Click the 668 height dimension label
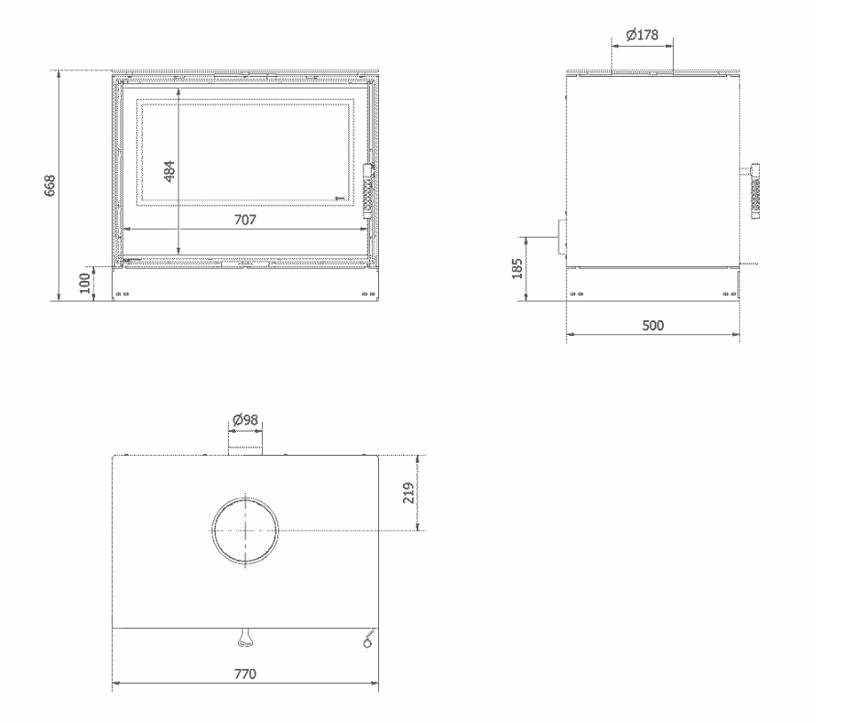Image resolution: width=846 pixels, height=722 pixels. (x=51, y=185)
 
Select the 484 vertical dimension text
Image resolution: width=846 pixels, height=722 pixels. (x=168, y=170)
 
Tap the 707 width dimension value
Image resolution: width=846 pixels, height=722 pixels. (x=244, y=220)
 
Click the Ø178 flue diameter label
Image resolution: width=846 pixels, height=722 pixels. (x=642, y=35)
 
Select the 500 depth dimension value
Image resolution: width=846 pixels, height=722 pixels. (x=652, y=326)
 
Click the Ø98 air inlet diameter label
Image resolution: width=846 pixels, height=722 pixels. (x=244, y=420)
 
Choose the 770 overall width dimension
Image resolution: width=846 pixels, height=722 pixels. (x=244, y=674)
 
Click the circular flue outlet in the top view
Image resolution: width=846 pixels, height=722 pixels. (x=244, y=529)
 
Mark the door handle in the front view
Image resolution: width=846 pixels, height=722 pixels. (x=368, y=192)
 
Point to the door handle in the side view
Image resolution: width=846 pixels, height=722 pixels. (x=755, y=192)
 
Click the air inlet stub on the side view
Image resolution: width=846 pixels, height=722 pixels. (x=559, y=237)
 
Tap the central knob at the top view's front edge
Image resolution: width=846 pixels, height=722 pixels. (x=245, y=637)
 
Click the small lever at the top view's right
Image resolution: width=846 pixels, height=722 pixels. (x=368, y=640)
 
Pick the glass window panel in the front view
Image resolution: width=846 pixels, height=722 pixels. (x=244, y=152)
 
